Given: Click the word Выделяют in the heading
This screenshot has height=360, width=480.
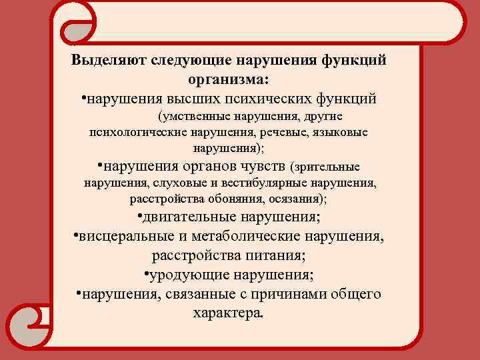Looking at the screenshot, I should pyautogui.click(x=109, y=60).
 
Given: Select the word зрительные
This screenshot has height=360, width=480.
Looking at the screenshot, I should pyautogui.click(x=329, y=165).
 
